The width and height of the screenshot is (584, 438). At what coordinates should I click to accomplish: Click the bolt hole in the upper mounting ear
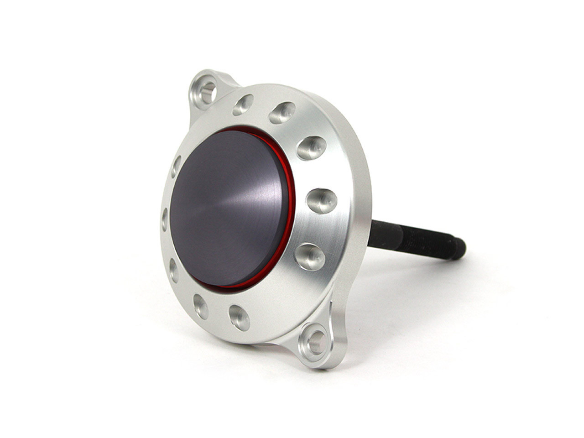tap(206, 91)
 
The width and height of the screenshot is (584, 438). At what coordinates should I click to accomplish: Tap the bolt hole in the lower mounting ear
tap(315, 341)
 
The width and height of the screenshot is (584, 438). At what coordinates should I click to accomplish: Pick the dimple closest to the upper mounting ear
tap(243, 104)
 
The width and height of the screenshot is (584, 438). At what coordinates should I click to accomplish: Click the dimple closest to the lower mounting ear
tap(240, 317)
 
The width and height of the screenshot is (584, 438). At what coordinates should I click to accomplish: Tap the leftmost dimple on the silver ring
tap(165, 219)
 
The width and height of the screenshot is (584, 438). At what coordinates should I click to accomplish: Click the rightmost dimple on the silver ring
tap(322, 201)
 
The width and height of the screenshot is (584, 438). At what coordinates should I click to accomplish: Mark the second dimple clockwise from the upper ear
tap(282, 113)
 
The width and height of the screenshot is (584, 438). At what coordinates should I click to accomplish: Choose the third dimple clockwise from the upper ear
tap(311, 147)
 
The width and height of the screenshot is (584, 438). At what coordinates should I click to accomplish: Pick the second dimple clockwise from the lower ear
tap(201, 306)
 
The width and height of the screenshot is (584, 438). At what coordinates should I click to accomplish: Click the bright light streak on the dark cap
tap(255, 182)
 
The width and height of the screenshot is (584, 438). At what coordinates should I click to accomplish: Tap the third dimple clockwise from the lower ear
tap(173, 269)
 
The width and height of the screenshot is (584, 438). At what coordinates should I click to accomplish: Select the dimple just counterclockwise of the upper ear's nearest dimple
tap(177, 167)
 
